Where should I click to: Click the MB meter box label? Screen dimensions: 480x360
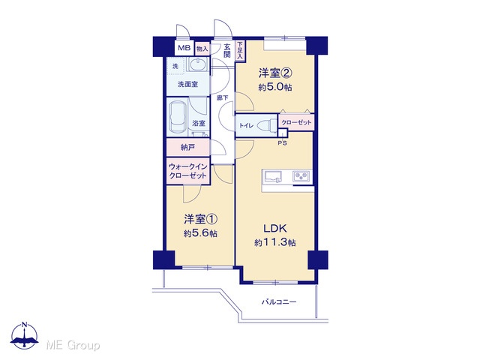[x=184, y=48]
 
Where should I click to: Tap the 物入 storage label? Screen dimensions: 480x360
[x=202, y=48]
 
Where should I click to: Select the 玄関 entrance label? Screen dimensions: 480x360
[x=226, y=51]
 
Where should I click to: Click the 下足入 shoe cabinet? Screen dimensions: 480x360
[x=240, y=50]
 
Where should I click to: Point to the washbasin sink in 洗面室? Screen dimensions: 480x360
[x=197, y=65]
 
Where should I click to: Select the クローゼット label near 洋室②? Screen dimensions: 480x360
[x=296, y=122]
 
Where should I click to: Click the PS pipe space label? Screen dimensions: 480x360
[x=282, y=142]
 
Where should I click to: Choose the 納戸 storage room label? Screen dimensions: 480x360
[x=187, y=148]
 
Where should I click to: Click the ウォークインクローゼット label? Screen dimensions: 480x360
[x=188, y=171]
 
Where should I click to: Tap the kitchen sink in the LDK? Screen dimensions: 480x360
[x=274, y=177]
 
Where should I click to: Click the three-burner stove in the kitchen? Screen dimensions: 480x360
[x=301, y=176]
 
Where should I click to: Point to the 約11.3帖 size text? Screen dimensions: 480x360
[x=275, y=243]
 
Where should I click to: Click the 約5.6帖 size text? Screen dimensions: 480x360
[x=200, y=233]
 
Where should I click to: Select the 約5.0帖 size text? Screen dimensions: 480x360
[x=275, y=87]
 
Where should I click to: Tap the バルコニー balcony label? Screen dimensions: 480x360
[x=279, y=302]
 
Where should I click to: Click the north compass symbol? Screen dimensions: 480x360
[x=25, y=335]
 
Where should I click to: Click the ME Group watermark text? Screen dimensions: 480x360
[x=73, y=345]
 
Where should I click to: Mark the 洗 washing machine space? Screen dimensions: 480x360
[x=175, y=66]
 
